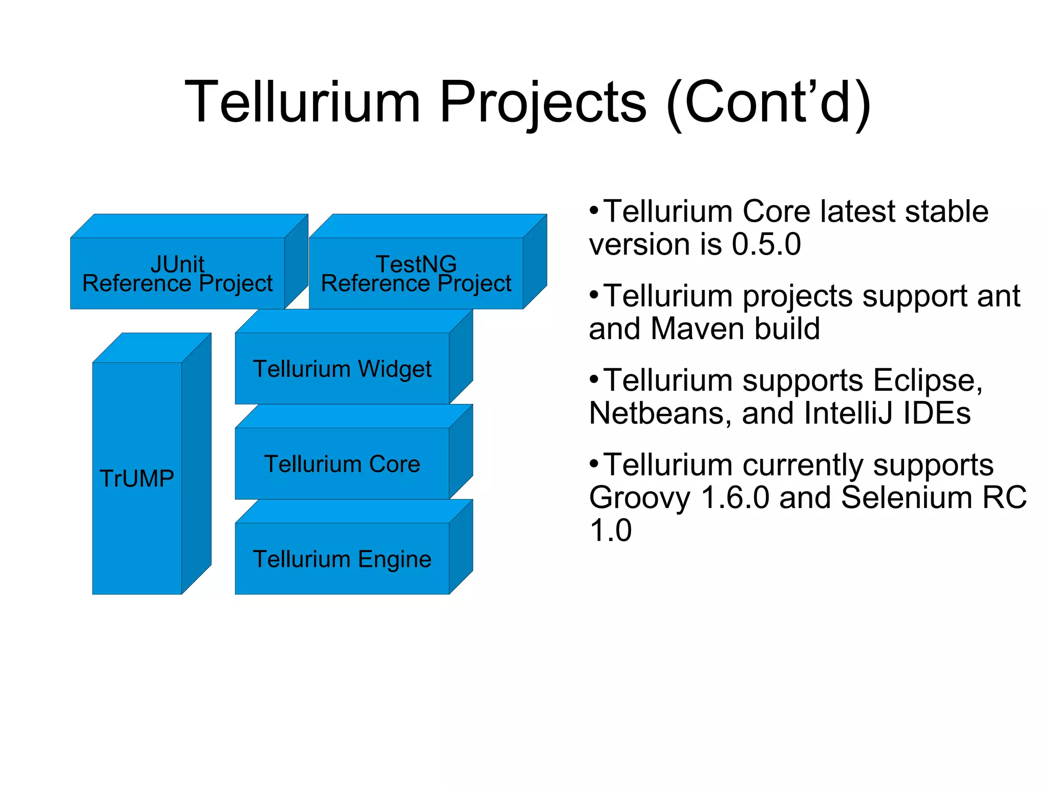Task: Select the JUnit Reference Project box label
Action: (x=177, y=274)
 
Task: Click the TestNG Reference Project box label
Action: (x=416, y=274)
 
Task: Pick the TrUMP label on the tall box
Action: (x=137, y=479)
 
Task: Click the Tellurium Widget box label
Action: (x=342, y=369)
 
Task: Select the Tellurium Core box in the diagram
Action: (x=342, y=464)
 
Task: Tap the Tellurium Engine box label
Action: (x=342, y=559)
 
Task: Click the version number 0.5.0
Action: (x=766, y=244)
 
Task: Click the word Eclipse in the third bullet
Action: (x=927, y=380)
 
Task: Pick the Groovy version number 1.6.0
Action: (x=735, y=498)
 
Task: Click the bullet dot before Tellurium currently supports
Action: (x=594, y=464)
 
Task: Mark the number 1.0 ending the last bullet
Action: (x=611, y=530)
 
